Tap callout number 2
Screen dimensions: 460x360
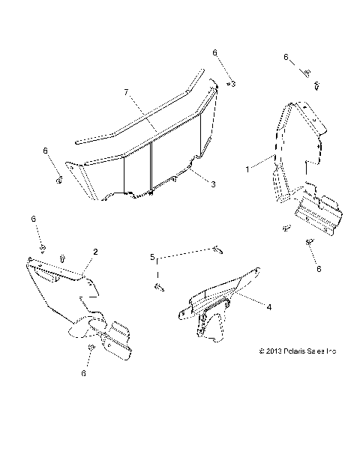point(95,252)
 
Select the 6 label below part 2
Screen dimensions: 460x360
point(83,372)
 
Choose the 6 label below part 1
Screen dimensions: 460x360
point(318,268)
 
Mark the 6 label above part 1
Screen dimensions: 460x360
point(286,57)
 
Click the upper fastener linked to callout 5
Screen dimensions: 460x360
point(217,248)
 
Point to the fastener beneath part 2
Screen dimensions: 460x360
point(89,349)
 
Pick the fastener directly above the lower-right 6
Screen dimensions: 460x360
point(309,243)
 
